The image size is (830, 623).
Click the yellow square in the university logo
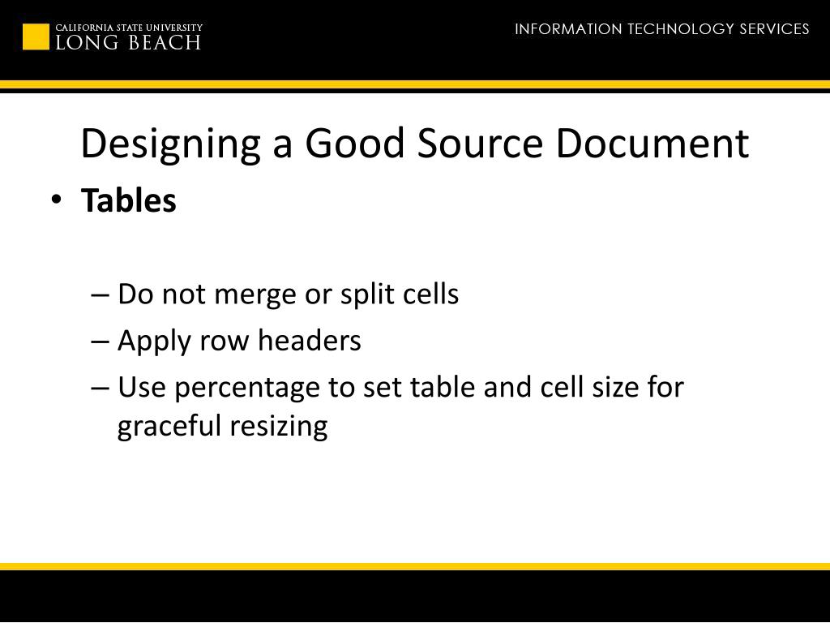click(x=36, y=37)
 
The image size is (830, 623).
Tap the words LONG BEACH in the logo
click(x=128, y=43)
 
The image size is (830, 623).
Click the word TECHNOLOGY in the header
click(x=681, y=29)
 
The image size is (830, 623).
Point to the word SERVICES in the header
click(x=774, y=29)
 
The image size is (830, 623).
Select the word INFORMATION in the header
click(x=568, y=29)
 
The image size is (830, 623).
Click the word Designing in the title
click(x=170, y=144)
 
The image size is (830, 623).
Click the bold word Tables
click(x=129, y=200)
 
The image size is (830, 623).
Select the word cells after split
click(x=430, y=294)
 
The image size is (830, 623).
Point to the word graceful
click(x=169, y=426)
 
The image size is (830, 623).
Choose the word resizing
click(x=278, y=426)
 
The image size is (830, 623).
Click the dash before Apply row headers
click(x=101, y=342)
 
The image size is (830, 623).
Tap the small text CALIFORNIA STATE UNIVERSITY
click(x=129, y=28)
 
